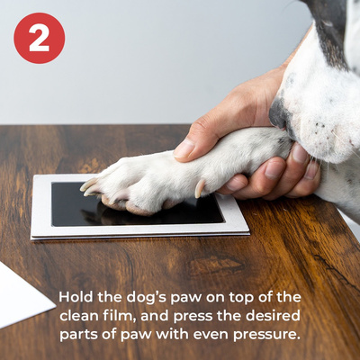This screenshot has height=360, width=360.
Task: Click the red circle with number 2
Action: [x=40, y=38]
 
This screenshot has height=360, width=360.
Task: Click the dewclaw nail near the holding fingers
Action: [x=200, y=189]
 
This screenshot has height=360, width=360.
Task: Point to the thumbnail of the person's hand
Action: [x=184, y=148]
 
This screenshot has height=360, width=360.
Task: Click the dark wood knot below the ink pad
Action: [x=215, y=265]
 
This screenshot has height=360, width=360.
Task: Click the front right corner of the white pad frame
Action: [x=249, y=233]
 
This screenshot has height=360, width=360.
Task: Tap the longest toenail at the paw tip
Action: [x=88, y=184]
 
